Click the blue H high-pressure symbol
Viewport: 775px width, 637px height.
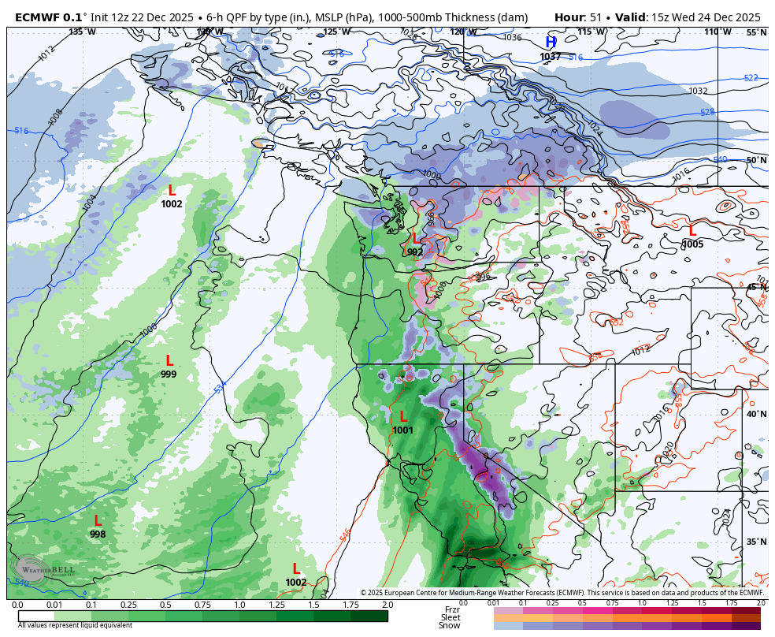pos(551,42)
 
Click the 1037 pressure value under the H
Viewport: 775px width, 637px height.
pos(551,57)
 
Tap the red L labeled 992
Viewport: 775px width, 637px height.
pos(415,238)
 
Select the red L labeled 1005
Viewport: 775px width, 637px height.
pos(692,231)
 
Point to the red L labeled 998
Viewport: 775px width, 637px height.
pos(98,521)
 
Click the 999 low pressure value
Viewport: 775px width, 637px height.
pos(169,374)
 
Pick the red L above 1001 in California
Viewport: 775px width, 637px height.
pos(403,416)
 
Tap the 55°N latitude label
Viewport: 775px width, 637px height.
pos(756,32)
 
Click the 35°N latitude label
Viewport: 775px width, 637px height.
pos(756,542)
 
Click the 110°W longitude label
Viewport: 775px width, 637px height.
pos(718,32)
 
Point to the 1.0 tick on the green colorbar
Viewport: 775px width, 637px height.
pos(239,605)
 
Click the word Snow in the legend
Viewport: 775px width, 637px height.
pos(450,626)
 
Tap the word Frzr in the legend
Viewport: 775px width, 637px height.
pos(452,609)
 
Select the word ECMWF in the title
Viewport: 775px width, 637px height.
pos(38,17)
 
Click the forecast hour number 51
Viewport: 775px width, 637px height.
pos(595,17)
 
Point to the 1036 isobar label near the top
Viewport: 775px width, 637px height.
pos(512,37)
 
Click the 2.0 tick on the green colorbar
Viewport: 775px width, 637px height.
pos(387,605)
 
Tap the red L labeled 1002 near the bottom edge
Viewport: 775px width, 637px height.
pos(296,568)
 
